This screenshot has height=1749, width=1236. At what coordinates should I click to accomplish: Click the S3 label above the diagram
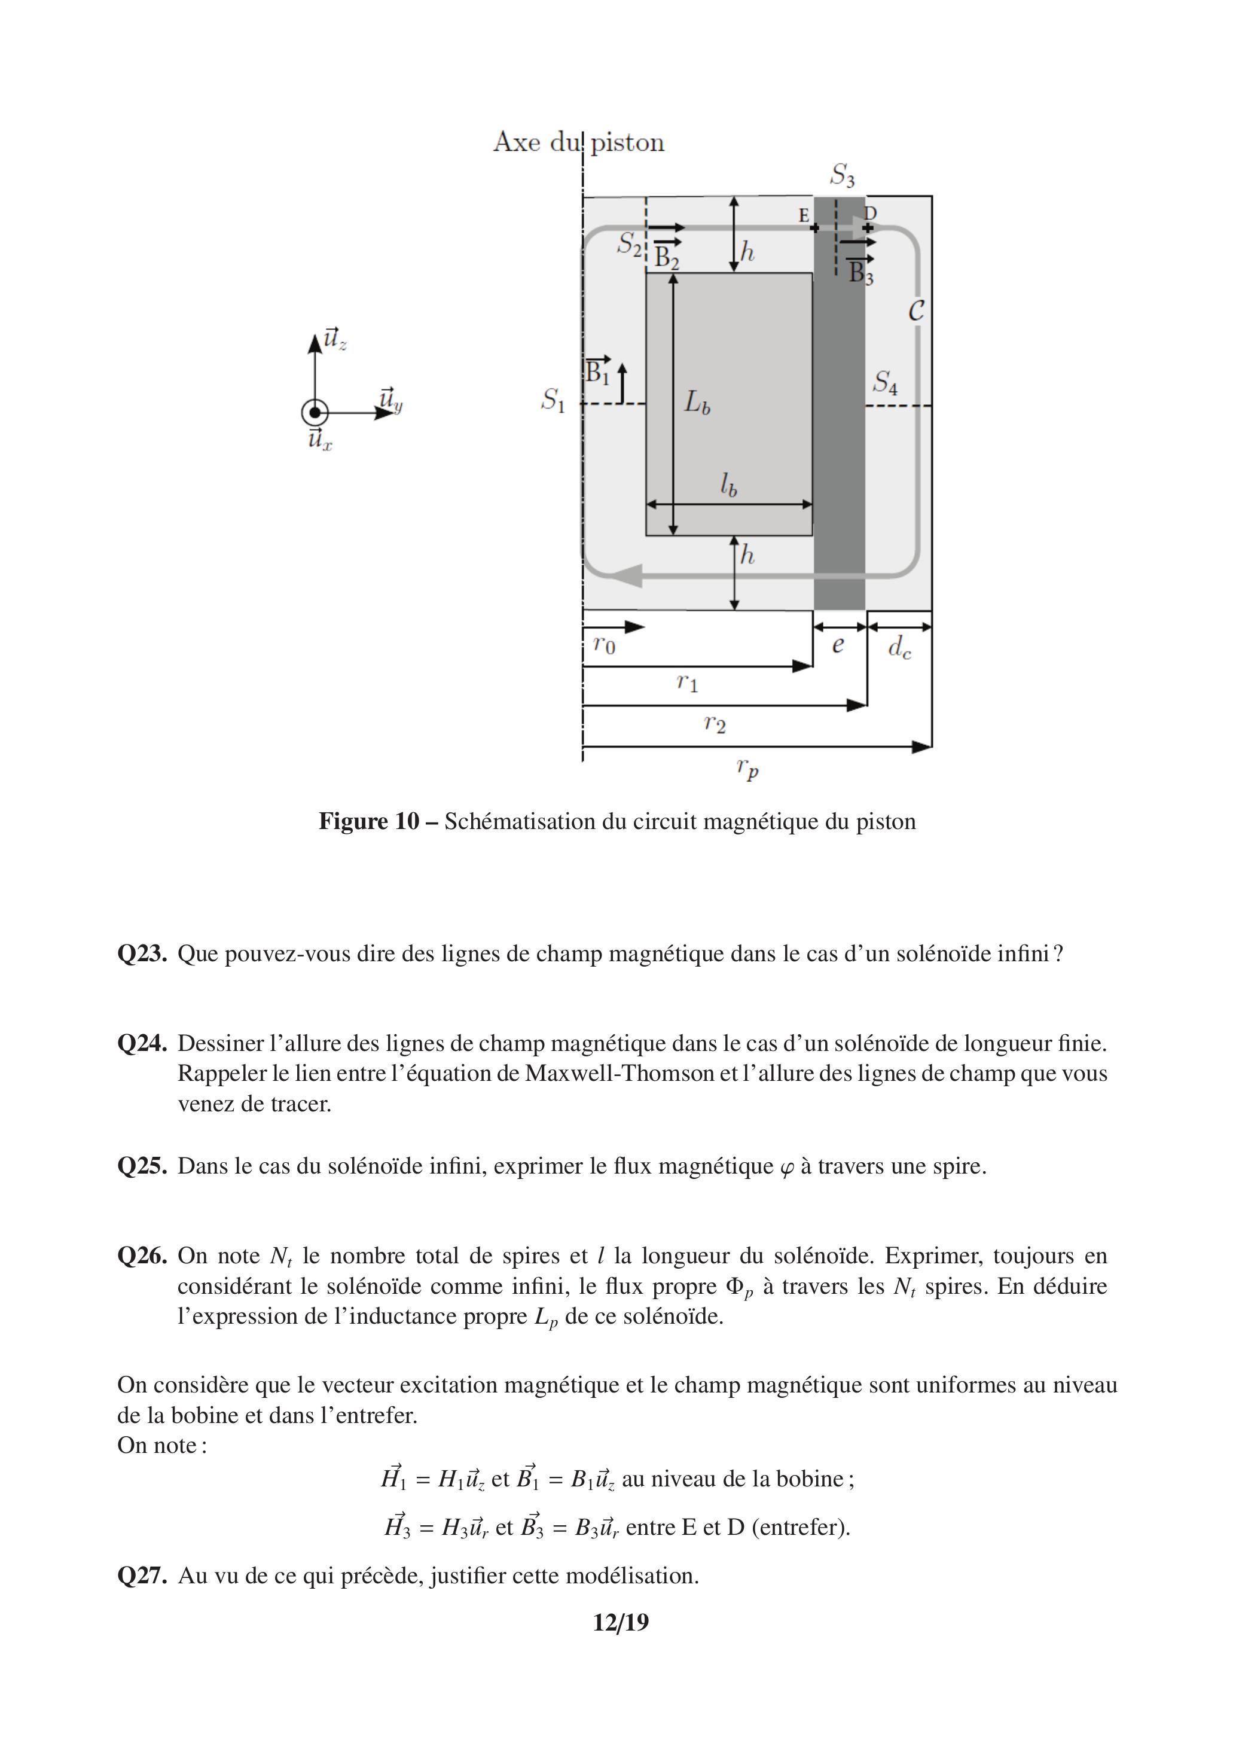coord(843,176)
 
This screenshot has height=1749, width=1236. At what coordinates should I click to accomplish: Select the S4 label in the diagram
coord(885,382)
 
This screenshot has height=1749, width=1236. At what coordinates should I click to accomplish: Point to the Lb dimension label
coord(697,402)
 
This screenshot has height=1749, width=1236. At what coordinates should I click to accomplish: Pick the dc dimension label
coord(899,648)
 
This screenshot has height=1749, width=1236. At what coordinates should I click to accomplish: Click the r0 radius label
coord(604,645)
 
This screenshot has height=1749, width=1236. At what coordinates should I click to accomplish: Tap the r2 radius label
coord(715,723)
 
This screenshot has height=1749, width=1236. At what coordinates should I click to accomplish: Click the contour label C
coord(916,311)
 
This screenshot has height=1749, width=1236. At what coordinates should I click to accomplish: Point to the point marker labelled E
coord(814,228)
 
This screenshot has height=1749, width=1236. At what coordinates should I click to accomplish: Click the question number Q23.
coord(142,953)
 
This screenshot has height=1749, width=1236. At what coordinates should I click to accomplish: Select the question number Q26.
coord(142,1256)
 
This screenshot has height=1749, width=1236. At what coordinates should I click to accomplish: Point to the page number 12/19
coord(621,1623)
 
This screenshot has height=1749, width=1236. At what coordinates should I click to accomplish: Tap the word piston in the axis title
coord(627,142)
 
